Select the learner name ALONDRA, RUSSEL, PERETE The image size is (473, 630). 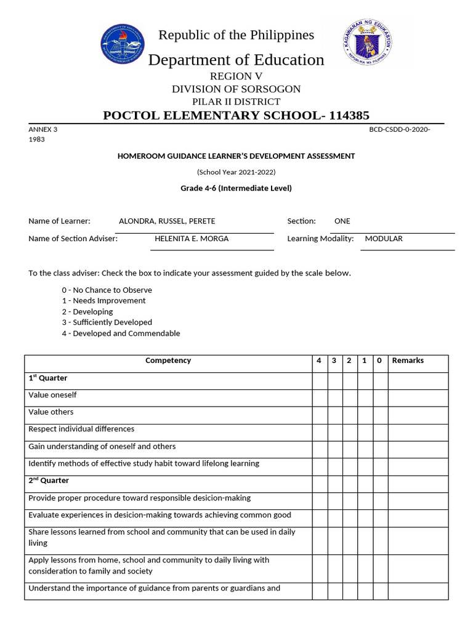[x=167, y=221]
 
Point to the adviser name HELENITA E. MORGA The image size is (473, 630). [x=192, y=238]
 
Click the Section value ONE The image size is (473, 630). [x=342, y=221]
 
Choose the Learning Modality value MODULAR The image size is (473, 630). [x=384, y=238]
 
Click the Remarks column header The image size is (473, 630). [x=408, y=361]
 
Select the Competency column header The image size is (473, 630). [x=168, y=361]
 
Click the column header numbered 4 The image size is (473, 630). [x=319, y=361]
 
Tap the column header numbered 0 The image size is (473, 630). [x=379, y=361]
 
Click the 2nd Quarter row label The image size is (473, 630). [x=49, y=480]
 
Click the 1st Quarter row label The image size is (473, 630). [x=48, y=378]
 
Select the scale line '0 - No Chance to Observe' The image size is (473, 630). [x=107, y=290]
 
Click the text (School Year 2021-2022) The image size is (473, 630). [x=236, y=172]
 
